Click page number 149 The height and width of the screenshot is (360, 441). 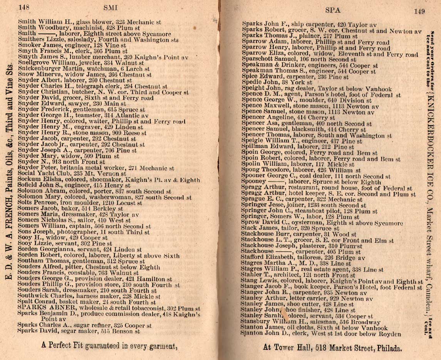tap(419, 11)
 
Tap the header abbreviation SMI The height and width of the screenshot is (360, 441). tap(111, 7)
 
